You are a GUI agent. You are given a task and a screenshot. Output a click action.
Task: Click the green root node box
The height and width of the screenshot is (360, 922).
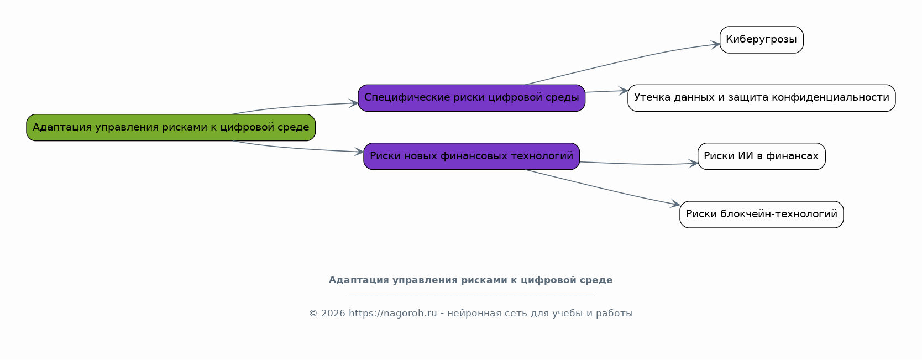click(171, 127)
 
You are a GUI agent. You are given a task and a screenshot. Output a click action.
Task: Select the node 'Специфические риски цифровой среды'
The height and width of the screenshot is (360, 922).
click(472, 98)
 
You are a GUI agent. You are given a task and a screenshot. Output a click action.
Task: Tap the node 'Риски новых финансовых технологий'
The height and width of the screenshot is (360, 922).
click(472, 156)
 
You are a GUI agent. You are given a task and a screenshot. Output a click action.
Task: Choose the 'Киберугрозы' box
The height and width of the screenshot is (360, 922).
click(762, 40)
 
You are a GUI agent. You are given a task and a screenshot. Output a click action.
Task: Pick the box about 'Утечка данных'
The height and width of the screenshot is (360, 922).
click(762, 98)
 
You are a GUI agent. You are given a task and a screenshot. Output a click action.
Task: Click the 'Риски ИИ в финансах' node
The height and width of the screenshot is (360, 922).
click(762, 156)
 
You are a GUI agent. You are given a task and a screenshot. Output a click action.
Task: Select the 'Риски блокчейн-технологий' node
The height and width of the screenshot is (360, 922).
click(762, 214)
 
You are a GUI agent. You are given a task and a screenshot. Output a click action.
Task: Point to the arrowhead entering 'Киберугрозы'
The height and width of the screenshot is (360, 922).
click(715, 44)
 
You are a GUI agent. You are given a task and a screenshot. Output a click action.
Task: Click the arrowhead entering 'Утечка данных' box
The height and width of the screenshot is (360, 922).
click(623, 91)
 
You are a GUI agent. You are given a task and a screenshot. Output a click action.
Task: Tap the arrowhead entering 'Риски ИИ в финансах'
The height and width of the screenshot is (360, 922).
click(693, 164)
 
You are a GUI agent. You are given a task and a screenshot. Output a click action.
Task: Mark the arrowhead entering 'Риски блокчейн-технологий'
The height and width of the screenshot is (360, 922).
click(675, 204)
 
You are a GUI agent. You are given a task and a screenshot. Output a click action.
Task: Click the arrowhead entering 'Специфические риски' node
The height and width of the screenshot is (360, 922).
click(354, 103)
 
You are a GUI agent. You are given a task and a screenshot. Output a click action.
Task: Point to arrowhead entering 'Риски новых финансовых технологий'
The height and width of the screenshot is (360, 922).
click(359, 152)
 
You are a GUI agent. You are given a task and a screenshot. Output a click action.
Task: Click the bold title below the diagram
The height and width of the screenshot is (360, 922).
click(470, 280)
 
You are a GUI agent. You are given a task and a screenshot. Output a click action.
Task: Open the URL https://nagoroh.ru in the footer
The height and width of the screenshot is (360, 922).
click(392, 314)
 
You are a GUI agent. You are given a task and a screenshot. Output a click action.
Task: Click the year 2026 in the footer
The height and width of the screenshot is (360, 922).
click(333, 314)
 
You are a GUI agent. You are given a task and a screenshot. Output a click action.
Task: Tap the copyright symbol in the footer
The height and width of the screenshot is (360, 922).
click(313, 314)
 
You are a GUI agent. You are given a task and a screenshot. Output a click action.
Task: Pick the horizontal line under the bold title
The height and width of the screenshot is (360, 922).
click(471, 296)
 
